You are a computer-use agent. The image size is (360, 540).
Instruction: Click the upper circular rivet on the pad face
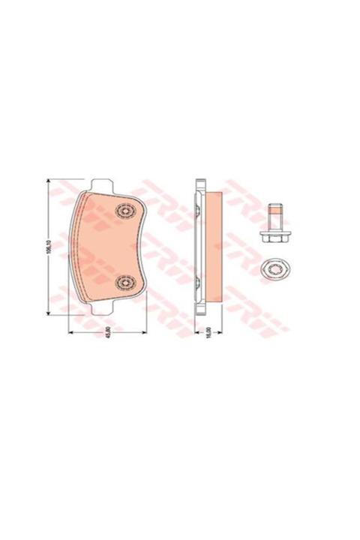point(124,211)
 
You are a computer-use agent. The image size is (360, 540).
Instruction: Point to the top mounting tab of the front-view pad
point(102,184)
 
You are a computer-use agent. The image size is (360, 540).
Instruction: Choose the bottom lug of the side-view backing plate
point(199,310)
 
